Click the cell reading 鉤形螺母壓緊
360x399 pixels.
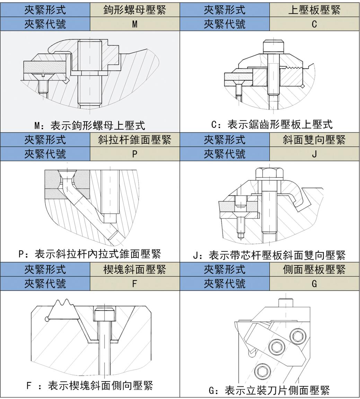[135, 10]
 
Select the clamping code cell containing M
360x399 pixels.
[135, 24]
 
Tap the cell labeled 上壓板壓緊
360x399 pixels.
[314, 10]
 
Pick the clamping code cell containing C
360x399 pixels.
[314, 24]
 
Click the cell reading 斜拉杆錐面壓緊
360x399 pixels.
[135, 140]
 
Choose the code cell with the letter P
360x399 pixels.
[135, 154]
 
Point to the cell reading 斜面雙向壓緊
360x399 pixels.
[314, 140]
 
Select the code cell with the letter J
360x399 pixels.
[314, 154]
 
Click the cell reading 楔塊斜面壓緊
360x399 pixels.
[135, 269]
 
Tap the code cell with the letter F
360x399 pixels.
[135, 284]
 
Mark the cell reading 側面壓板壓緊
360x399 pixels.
[314, 269]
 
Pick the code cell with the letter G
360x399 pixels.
[314, 284]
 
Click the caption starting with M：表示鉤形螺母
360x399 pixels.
[90, 125]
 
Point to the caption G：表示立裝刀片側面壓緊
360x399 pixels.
[269, 391]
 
